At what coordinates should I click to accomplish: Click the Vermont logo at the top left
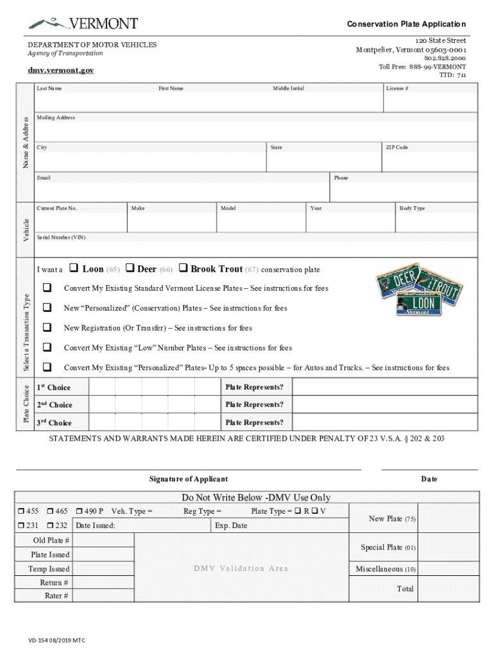(82, 24)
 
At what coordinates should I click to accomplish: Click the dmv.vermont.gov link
(60, 70)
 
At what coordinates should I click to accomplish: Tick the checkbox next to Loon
(73, 268)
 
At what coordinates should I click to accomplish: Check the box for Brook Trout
(183, 268)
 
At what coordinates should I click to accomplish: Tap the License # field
(430, 101)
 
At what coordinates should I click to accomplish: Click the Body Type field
(436, 222)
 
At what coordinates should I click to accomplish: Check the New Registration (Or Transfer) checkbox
(47, 328)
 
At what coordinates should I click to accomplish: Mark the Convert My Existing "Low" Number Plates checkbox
(47, 348)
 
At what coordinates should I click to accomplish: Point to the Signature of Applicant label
(188, 479)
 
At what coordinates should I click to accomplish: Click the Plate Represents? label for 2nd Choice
(254, 405)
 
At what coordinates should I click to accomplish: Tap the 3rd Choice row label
(53, 423)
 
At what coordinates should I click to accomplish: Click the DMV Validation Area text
(241, 568)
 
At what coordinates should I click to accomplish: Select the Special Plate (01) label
(388, 548)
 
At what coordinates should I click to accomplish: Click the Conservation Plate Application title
(406, 24)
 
